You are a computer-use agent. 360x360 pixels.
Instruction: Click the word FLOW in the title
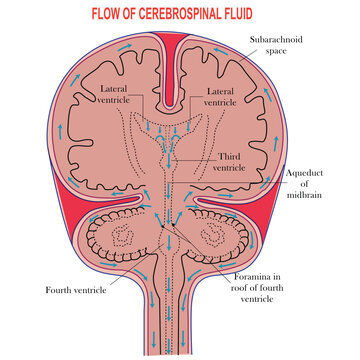tap(111, 16)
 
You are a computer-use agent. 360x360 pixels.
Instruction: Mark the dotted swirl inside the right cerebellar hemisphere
tap(218, 241)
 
